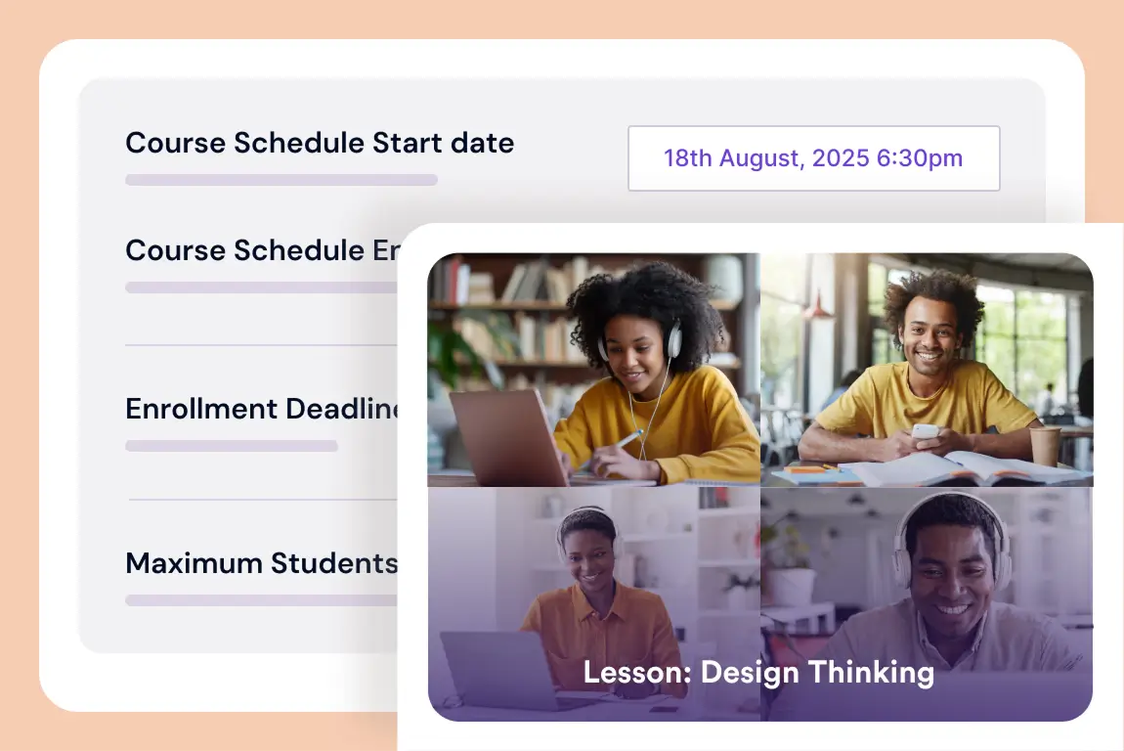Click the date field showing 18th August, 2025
[x=813, y=158]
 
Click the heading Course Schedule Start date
[x=320, y=143]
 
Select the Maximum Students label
[x=262, y=563]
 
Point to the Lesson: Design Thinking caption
[x=758, y=672]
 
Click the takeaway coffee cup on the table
[x=1044, y=446]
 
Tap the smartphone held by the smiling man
[x=925, y=431]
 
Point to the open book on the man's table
[x=977, y=469]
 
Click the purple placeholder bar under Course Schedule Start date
[x=281, y=180]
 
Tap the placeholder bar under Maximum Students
[x=262, y=599]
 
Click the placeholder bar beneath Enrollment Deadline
[x=232, y=446]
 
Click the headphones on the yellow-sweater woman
[x=673, y=338]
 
